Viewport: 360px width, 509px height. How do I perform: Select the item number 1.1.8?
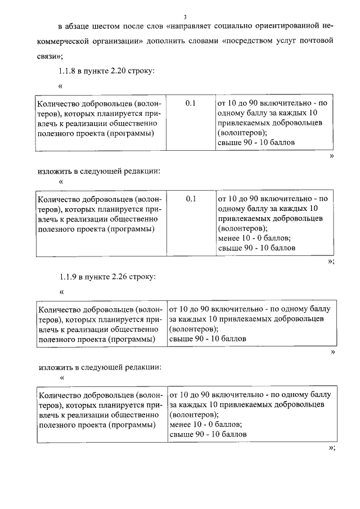point(67,71)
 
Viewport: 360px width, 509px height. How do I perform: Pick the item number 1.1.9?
point(67,277)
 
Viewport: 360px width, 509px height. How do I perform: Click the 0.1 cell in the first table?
point(190,103)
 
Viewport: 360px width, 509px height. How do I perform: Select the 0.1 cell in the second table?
point(190,198)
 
